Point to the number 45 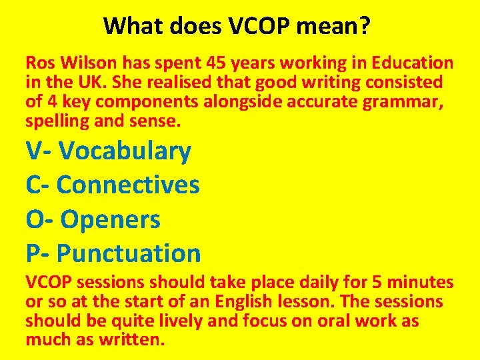point(217,63)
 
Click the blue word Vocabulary point(125,151)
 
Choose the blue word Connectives point(128,185)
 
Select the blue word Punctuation point(129,253)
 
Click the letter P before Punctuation point(33,253)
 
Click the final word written point(132,340)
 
